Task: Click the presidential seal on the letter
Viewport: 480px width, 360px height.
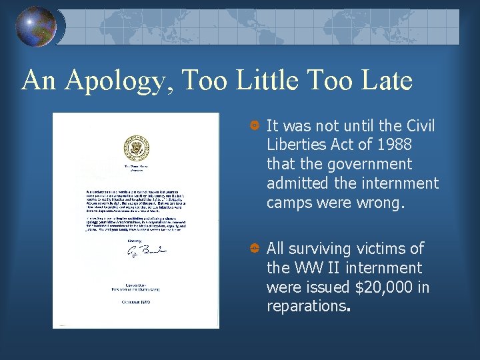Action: pyautogui.click(x=136, y=147)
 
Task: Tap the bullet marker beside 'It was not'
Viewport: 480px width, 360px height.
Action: pyautogui.click(x=254, y=126)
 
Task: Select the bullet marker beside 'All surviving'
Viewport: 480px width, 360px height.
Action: pyautogui.click(x=254, y=249)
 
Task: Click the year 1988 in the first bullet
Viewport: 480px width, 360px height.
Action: pyautogui.click(x=393, y=145)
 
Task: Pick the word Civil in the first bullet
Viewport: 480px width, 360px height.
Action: pyautogui.click(x=416, y=125)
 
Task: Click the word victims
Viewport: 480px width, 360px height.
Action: pyautogui.click(x=382, y=249)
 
